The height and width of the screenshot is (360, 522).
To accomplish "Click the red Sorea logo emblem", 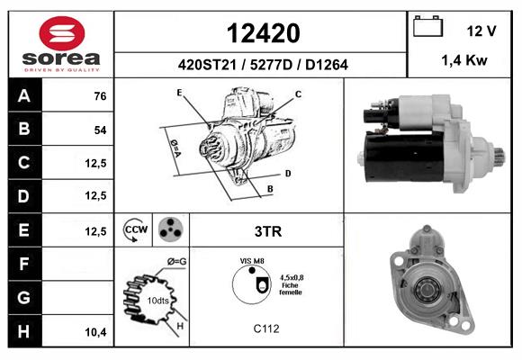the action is [x=62, y=33].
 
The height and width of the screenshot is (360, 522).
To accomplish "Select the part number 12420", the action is [x=264, y=33].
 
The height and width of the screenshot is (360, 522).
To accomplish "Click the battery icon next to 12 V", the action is [x=427, y=26].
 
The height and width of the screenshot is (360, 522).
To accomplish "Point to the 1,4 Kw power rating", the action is [x=464, y=60].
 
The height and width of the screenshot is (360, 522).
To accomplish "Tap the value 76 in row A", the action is [x=100, y=96].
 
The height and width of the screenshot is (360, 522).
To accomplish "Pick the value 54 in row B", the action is [x=100, y=130].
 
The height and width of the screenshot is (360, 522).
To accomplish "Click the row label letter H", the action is [x=24, y=331].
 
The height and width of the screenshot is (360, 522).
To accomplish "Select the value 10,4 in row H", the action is [x=96, y=332].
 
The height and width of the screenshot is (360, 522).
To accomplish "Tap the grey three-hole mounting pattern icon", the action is [x=171, y=229].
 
